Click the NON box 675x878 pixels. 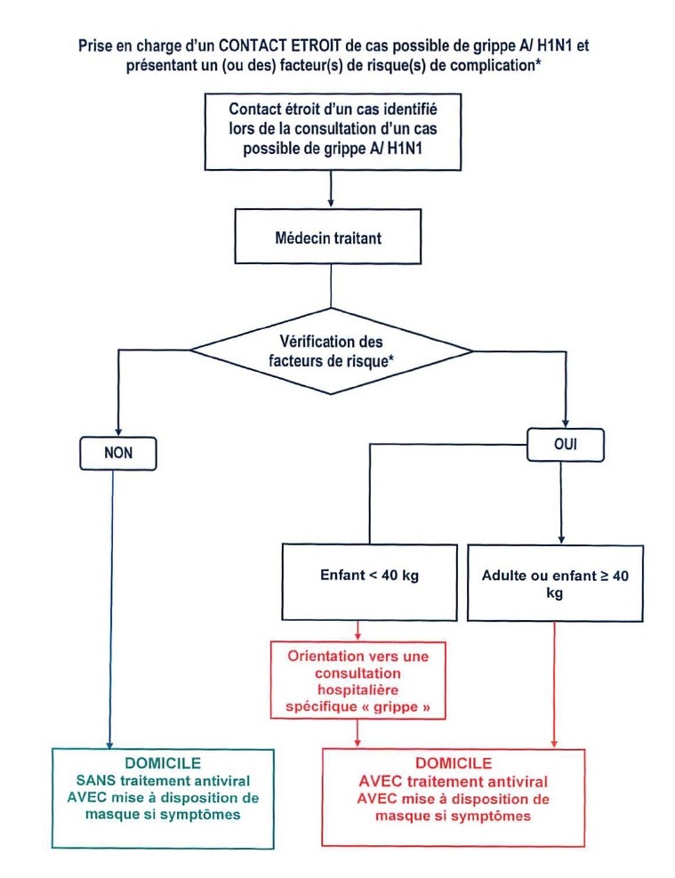(118, 453)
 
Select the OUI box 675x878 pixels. (566, 445)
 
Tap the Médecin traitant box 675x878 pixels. (328, 237)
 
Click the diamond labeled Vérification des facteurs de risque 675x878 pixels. (331, 351)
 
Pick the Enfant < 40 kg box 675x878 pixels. (369, 583)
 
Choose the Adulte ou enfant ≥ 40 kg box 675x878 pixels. (555, 583)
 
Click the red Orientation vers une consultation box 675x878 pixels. (358, 681)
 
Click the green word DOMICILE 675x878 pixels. (163, 763)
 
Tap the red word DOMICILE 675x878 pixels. (454, 763)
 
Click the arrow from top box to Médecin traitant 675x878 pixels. (331, 189)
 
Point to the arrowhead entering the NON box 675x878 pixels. (118, 431)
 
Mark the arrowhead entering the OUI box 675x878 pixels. (566, 423)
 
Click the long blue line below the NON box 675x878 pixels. (111, 609)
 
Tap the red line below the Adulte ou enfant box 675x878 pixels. (554, 685)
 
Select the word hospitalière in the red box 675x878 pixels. (358, 690)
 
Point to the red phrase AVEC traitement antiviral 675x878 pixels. (454, 781)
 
